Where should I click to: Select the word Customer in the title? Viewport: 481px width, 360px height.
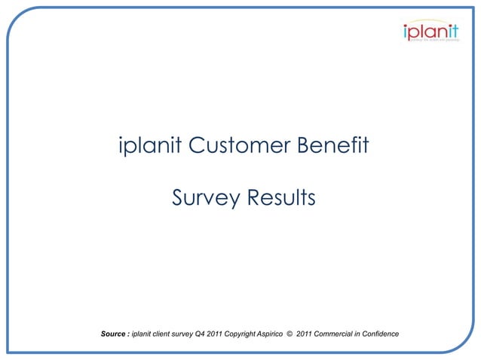click(238, 145)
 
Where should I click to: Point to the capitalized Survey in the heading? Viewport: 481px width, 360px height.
click(201, 199)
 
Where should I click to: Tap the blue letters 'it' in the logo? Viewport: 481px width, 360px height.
click(452, 32)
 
